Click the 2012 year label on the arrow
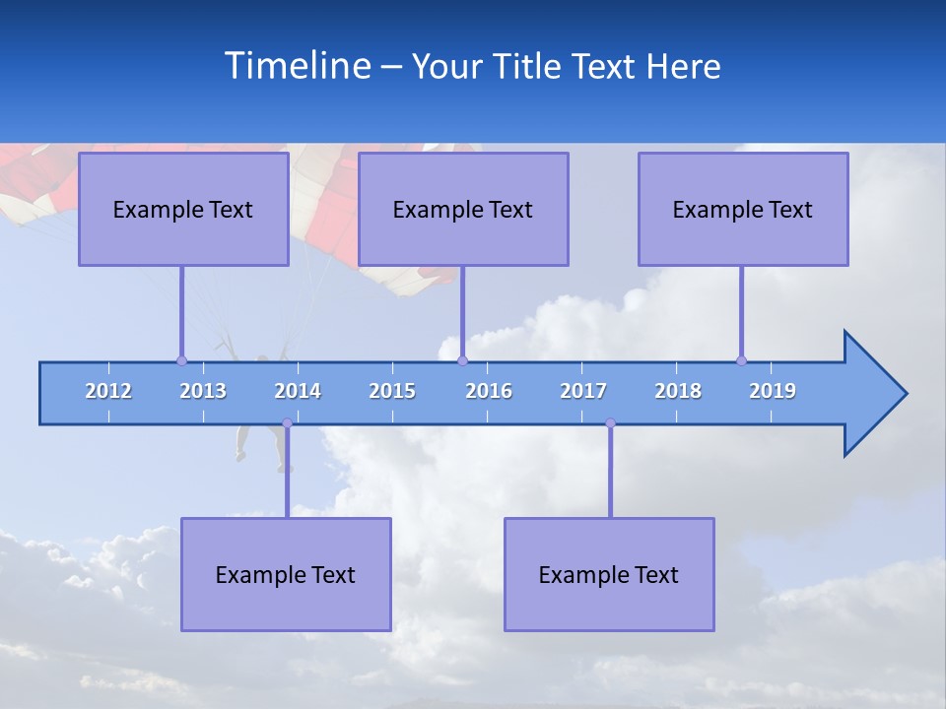[108, 391]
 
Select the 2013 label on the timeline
[203, 391]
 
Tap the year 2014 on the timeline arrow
[298, 391]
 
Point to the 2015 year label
[392, 391]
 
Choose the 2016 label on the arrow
[489, 391]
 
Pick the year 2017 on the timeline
[583, 391]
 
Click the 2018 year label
[678, 391]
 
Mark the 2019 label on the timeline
[773, 391]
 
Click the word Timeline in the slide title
[296, 66]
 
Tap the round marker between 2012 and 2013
[181, 360]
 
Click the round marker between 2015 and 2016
[462, 360]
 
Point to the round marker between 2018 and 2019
[741, 360]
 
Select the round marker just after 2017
[610, 423]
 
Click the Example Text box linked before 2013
[183, 209]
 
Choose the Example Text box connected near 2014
[286, 574]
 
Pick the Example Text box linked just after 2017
[609, 574]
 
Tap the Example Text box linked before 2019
[743, 209]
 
